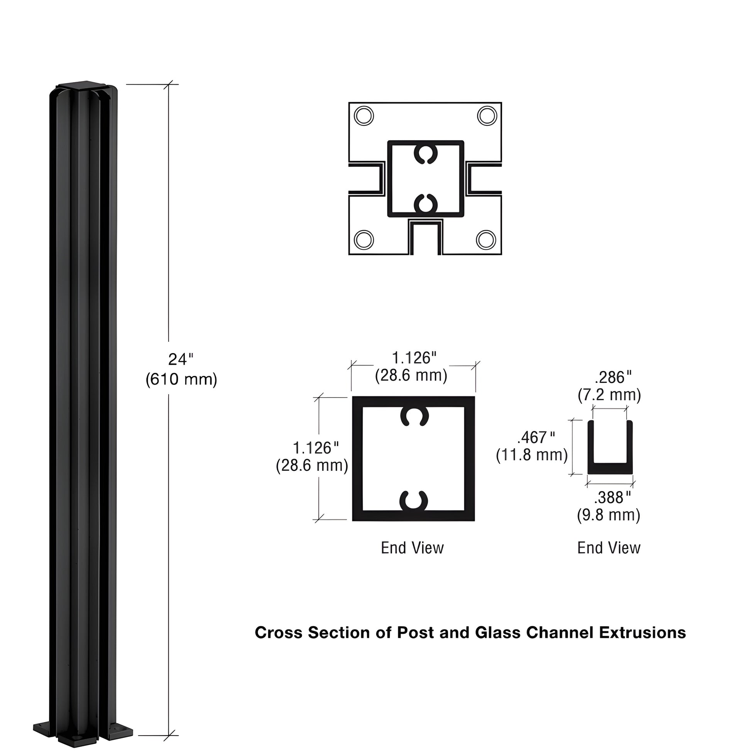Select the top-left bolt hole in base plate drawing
click(x=364, y=116)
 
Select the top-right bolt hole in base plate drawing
click(x=487, y=116)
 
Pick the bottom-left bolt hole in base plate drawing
click(x=364, y=240)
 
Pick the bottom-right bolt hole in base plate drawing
click(x=486, y=240)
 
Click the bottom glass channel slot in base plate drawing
click(x=425, y=238)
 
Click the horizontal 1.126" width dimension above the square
click(x=414, y=358)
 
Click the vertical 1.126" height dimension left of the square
click(x=316, y=448)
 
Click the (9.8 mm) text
click(x=608, y=515)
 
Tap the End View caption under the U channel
click(x=609, y=548)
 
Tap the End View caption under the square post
click(x=412, y=548)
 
